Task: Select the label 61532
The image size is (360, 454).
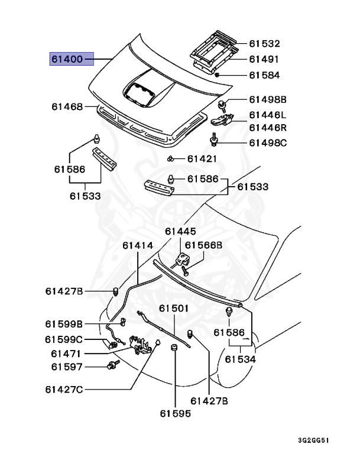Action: (x=264, y=44)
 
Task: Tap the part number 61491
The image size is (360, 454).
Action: (x=264, y=60)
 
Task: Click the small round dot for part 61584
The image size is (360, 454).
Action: (x=218, y=76)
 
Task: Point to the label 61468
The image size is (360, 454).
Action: (x=66, y=107)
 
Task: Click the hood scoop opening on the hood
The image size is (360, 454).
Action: (x=143, y=90)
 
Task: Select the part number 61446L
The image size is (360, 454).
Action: (x=267, y=115)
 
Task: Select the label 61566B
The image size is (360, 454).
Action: (x=203, y=245)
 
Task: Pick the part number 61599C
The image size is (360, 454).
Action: (x=64, y=339)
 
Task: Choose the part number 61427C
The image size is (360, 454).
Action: (x=64, y=389)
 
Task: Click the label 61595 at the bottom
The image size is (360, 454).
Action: (x=174, y=414)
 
